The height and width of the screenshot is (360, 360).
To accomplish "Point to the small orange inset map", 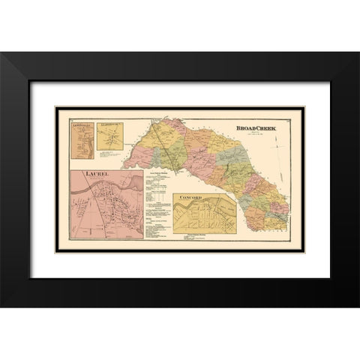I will click(81, 145).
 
